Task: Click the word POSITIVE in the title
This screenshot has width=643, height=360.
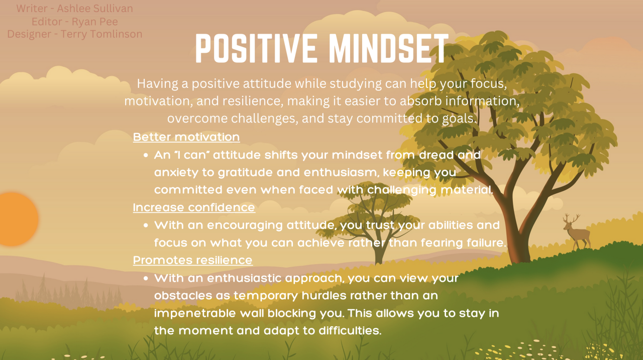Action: [x=256, y=48]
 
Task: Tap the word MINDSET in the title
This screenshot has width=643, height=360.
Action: [x=388, y=48]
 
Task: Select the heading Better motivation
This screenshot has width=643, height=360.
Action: [x=186, y=137]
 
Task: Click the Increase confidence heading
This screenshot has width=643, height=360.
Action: [x=194, y=207]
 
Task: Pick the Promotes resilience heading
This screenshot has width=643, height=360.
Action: [x=192, y=260]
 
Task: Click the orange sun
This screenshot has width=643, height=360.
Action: [x=18, y=219]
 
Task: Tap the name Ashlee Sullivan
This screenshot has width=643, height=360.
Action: [x=95, y=9]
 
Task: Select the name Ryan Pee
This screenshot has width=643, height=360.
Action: [x=95, y=22]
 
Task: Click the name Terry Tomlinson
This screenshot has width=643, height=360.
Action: [x=101, y=34]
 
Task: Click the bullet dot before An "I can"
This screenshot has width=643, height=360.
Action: [x=146, y=156]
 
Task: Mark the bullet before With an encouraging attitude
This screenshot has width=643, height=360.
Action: [x=146, y=225]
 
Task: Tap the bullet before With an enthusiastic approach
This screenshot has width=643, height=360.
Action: [x=146, y=278]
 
